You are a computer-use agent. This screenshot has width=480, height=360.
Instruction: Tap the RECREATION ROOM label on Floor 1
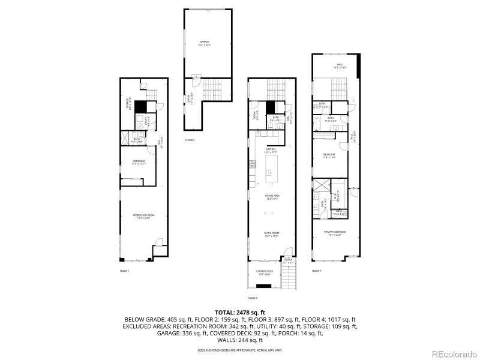143,217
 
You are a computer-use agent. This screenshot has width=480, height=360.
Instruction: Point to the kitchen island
269,169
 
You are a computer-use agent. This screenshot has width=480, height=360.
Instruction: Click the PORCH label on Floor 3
288,261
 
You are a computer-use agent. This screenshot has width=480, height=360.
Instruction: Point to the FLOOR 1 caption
124,271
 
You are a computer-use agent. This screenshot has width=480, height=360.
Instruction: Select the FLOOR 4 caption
316,271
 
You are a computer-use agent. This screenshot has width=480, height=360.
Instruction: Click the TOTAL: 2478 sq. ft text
239,312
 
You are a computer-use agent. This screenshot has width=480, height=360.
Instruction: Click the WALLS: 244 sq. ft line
239,340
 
